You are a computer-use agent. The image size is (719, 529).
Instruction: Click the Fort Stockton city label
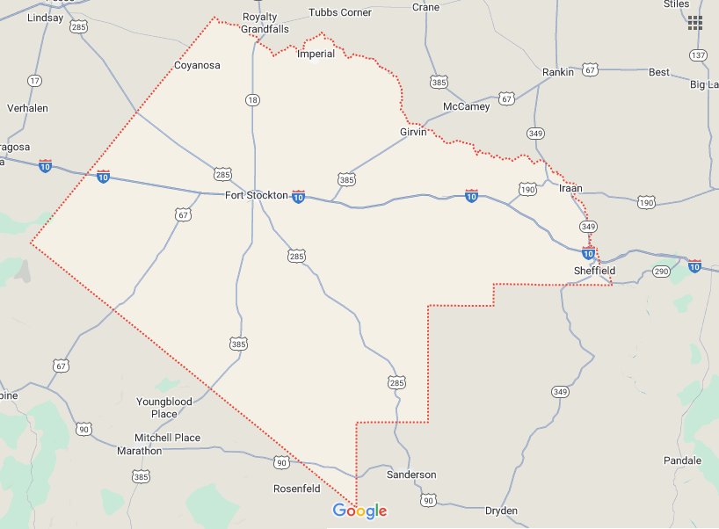coord(256,195)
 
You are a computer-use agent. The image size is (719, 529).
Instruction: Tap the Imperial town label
coord(316,54)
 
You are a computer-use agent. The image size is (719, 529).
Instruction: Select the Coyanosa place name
coord(197,65)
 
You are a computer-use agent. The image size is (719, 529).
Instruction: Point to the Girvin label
coord(412,132)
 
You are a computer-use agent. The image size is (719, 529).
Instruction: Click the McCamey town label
coord(466,106)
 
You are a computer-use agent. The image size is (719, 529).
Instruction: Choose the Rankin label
coord(558,72)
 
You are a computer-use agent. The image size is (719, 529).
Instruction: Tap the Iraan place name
coord(570,188)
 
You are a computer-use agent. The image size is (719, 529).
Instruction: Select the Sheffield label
coord(595,271)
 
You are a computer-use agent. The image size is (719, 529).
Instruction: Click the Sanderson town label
coord(411,475)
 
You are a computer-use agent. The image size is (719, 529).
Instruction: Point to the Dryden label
coord(501,511)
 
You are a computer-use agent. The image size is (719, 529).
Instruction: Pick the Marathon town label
coord(140,451)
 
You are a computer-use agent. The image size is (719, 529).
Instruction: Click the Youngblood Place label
coord(164,408)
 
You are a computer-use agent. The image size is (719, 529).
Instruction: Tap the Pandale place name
coord(683,460)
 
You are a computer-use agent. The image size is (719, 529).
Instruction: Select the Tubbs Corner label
coord(340,12)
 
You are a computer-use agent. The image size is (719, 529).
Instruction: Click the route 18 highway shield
coord(253,100)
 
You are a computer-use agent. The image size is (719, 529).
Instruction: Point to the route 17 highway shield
coord(34,81)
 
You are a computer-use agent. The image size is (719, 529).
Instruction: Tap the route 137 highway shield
coord(699,54)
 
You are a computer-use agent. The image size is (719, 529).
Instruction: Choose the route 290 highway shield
coord(662,272)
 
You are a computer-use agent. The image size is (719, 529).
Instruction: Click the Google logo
coord(359,511)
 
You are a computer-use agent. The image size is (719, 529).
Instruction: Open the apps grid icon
coord(695,23)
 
